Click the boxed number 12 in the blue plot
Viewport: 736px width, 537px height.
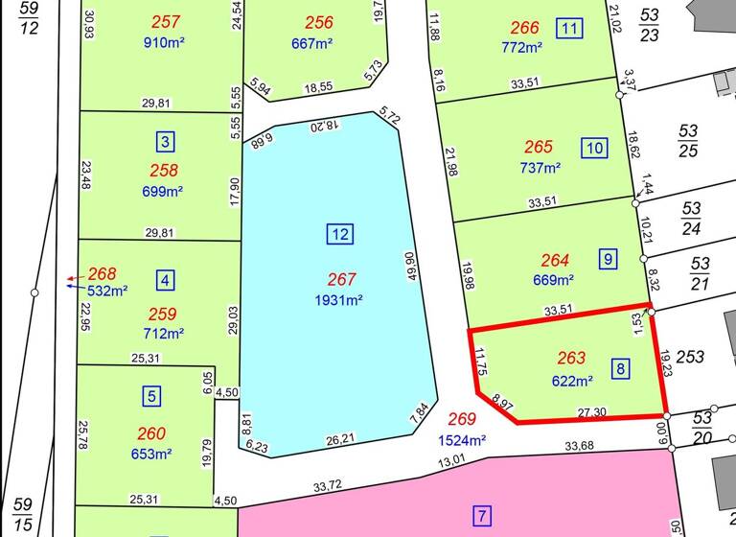pyautogui.click(x=340, y=234)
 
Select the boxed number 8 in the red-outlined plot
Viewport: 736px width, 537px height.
pyautogui.click(x=621, y=368)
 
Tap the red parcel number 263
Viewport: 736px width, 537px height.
pyautogui.click(x=571, y=359)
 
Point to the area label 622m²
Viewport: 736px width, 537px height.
pyautogui.click(x=571, y=380)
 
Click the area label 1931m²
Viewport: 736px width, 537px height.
pyautogui.click(x=340, y=300)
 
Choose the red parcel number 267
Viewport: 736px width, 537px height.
pyautogui.click(x=341, y=280)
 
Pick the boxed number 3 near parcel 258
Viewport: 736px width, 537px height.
pyautogui.click(x=166, y=143)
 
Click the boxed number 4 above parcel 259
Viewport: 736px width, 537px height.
pyautogui.click(x=166, y=281)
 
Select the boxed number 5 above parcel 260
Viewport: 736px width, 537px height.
pyautogui.click(x=152, y=395)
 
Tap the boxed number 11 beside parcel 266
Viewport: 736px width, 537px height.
pyautogui.click(x=570, y=28)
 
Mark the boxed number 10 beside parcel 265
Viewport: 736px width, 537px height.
pyautogui.click(x=594, y=148)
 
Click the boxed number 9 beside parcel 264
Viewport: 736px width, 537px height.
pyautogui.click(x=608, y=259)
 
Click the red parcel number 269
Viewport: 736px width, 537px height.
pyautogui.click(x=462, y=420)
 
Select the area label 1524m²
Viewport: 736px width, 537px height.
pyautogui.click(x=462, y=441)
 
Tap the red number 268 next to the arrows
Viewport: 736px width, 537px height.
pyautogui.click(x=102, y=273)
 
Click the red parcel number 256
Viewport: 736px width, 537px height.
pyautogui.click(x=319, y=23)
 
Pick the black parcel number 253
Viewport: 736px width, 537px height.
pyautogui.click(x=690, y=357)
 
